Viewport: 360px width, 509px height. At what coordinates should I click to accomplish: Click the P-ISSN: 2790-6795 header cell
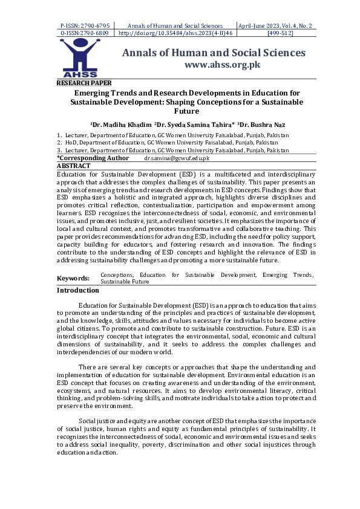(x=85, y=26)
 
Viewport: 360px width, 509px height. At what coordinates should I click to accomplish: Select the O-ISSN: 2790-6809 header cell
(x=85, y=34)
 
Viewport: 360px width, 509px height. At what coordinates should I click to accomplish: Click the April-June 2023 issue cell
(x=280, y=26)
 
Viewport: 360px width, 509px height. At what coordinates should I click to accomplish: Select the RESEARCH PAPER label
(x=83, y=83)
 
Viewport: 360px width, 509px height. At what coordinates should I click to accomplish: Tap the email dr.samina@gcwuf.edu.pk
(x=176, y=158)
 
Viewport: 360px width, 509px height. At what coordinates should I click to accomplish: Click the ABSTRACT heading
(x=73, y=165)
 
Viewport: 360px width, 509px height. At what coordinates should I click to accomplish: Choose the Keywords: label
(x=73, y=278)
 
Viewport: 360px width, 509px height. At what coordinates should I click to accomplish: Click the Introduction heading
(x=77, y=290)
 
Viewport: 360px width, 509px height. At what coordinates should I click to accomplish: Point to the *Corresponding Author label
(x=93, y=158)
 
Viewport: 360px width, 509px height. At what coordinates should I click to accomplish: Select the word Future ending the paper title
(x=186, y=111)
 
